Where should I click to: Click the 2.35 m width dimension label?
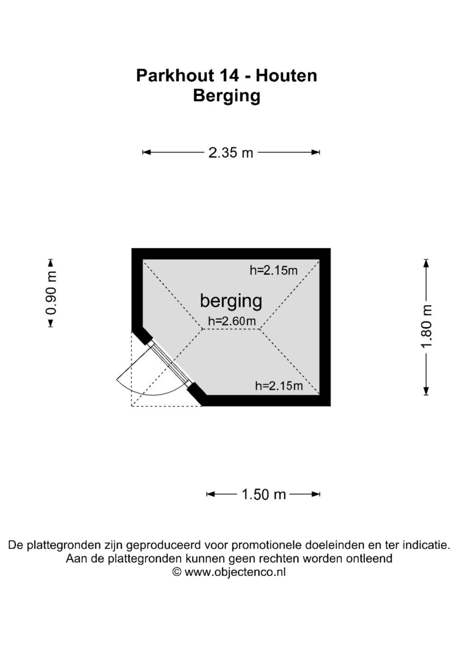point(231,153)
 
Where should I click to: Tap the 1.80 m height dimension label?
point(426,327)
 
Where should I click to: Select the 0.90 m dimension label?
point(51,293)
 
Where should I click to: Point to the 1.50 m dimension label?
point(263,494)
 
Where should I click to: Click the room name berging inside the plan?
point(231,301)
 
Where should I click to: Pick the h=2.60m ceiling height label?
point(232,321)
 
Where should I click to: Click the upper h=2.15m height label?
point(274,270)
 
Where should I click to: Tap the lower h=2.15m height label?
point(279,386)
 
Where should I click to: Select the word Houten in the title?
point(286,76)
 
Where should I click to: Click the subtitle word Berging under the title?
point(227,96)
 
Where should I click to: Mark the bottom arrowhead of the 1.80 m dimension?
point(426,391)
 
